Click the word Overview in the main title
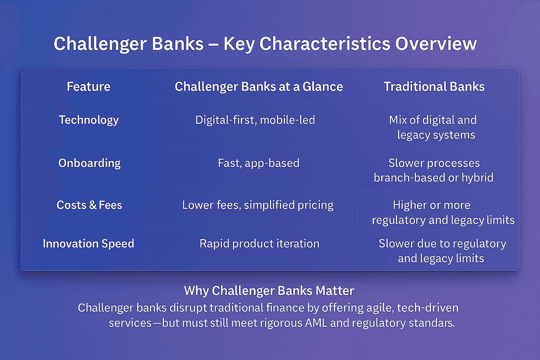(436, 44)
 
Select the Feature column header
(89, 87)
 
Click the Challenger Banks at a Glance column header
(259, 87)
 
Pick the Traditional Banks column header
(434, 87)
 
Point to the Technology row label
(89, 120)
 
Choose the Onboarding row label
(89, 163)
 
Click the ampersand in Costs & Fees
(93, 205)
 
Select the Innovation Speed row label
(88, 244)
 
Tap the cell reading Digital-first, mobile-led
(255, 120)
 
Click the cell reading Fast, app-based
(258, 163)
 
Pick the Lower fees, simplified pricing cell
(258, 205)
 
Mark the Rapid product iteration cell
(259, 244)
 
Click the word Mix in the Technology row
(398, 120)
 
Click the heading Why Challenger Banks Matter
(269, 291)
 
